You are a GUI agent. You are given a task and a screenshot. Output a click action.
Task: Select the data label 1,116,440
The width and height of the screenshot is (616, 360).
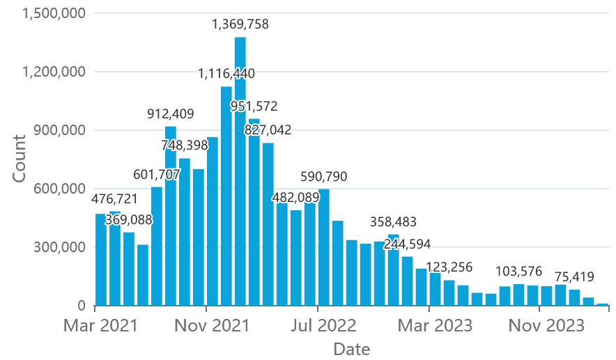tap(226, 73)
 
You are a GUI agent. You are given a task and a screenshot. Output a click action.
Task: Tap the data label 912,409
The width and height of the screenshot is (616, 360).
tap(171, 114)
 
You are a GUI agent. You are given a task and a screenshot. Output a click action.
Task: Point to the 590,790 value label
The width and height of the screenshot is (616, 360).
tap(323, 176)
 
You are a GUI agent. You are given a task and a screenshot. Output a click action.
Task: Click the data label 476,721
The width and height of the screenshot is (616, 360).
tap(115, 199)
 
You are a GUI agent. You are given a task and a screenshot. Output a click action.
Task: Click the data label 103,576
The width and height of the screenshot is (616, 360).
tap(519, 271)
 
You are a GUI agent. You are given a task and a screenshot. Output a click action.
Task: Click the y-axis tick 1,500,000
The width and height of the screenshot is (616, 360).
tap(45, 13)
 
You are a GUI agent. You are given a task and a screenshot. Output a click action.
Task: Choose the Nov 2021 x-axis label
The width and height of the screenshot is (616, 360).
tap(213, 325)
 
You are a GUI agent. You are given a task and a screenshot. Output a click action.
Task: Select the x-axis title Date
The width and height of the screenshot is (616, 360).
tap(352, 348)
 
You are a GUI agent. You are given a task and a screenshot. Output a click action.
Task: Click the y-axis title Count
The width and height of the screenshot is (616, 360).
tap(19, 159)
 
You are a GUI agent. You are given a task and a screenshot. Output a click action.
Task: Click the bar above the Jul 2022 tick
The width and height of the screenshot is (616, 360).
tap(324, 247)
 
